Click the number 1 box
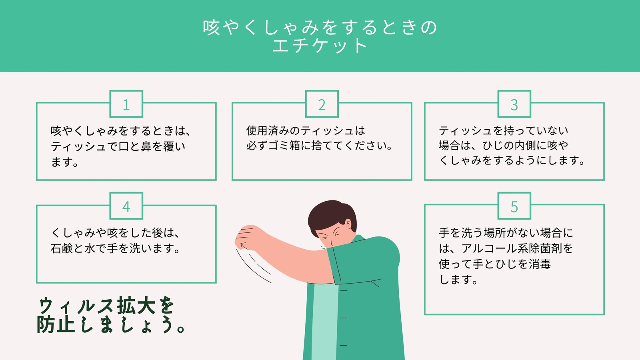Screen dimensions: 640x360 click(126, 104)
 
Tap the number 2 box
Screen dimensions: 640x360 click(322, 104)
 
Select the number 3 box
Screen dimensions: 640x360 click(514, 104)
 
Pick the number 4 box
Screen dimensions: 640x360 click(126, 206)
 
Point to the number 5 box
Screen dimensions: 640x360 click(514, 206)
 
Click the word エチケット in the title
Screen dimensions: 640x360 click(320, 46)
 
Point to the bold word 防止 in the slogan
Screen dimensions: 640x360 click(56, 324)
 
